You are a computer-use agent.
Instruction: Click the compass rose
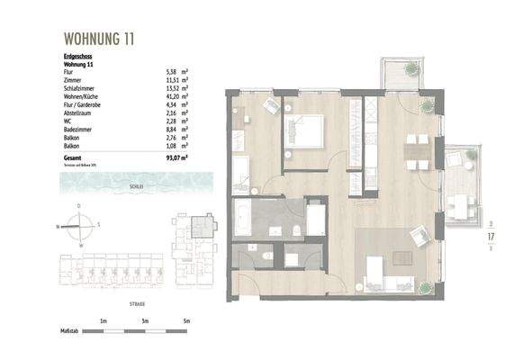point(79,226)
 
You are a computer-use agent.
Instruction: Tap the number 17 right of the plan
point(491,237)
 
